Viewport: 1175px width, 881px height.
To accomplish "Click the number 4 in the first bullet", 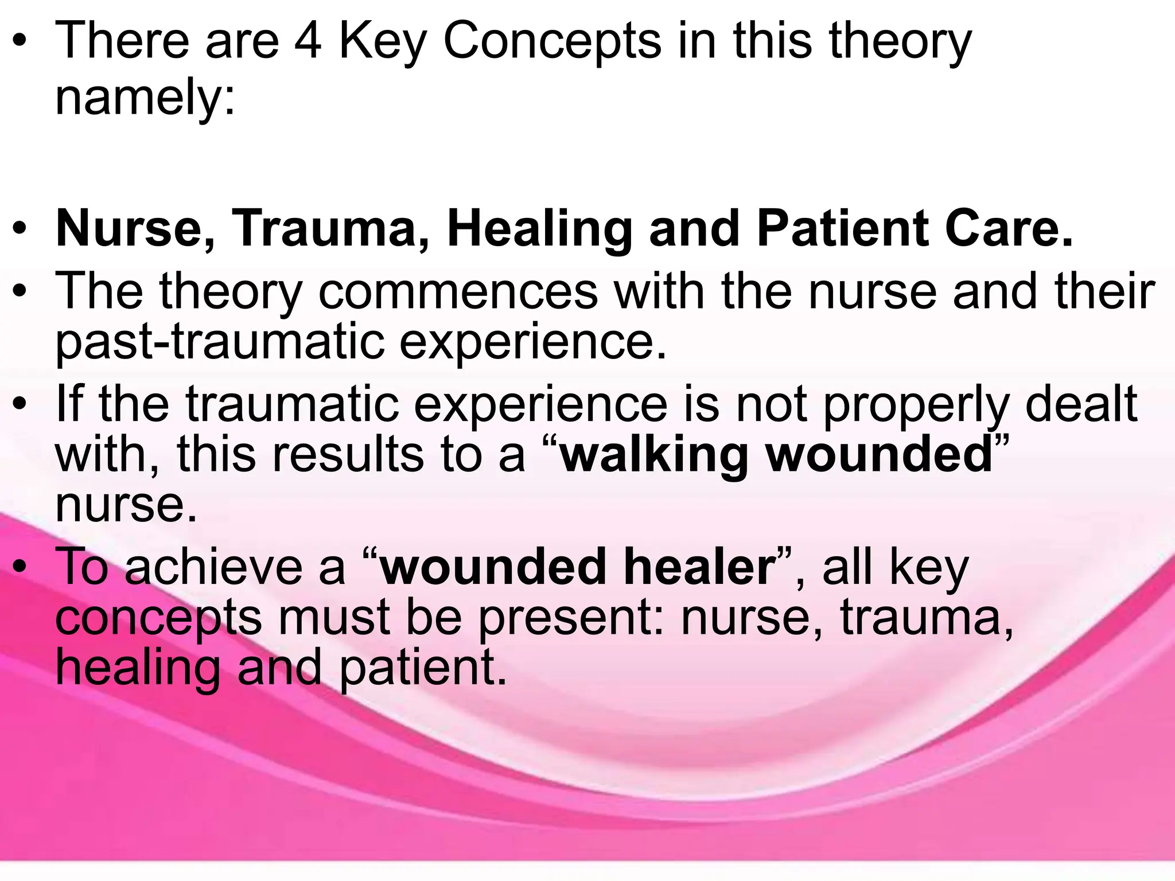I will [x=308, y=41].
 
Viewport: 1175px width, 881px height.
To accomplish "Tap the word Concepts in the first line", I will [x=552, y=41].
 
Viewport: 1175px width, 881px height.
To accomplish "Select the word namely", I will [x=145, y=98].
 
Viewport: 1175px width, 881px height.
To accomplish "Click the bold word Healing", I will [x=539, y=229].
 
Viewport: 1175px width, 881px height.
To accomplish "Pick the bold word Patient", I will [x=843, y=229].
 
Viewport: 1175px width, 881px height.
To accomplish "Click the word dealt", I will [x=1081, y=404].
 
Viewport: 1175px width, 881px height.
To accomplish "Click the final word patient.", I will [x=423, y=668].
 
